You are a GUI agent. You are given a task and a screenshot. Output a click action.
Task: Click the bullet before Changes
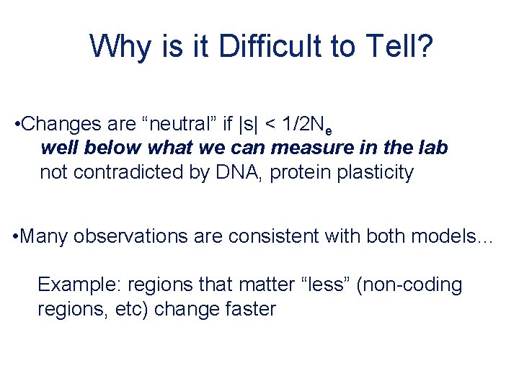(17, 125)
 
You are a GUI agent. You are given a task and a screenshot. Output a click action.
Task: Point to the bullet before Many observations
(17, 236)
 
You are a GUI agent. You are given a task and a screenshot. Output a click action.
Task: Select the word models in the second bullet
(441, 236)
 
